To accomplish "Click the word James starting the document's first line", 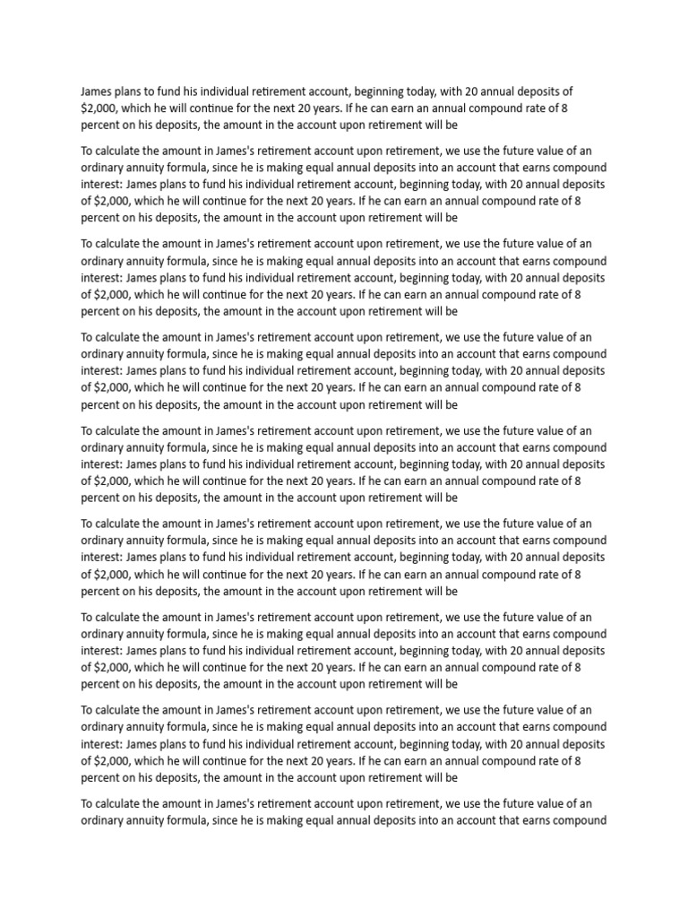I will [x=98, y=91].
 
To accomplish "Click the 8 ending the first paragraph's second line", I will [x=576, y=108].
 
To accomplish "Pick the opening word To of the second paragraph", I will [x=88, y=150].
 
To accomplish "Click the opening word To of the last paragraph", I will [x=88, y=803].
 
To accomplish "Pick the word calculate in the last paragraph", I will [x=123, y=803].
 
